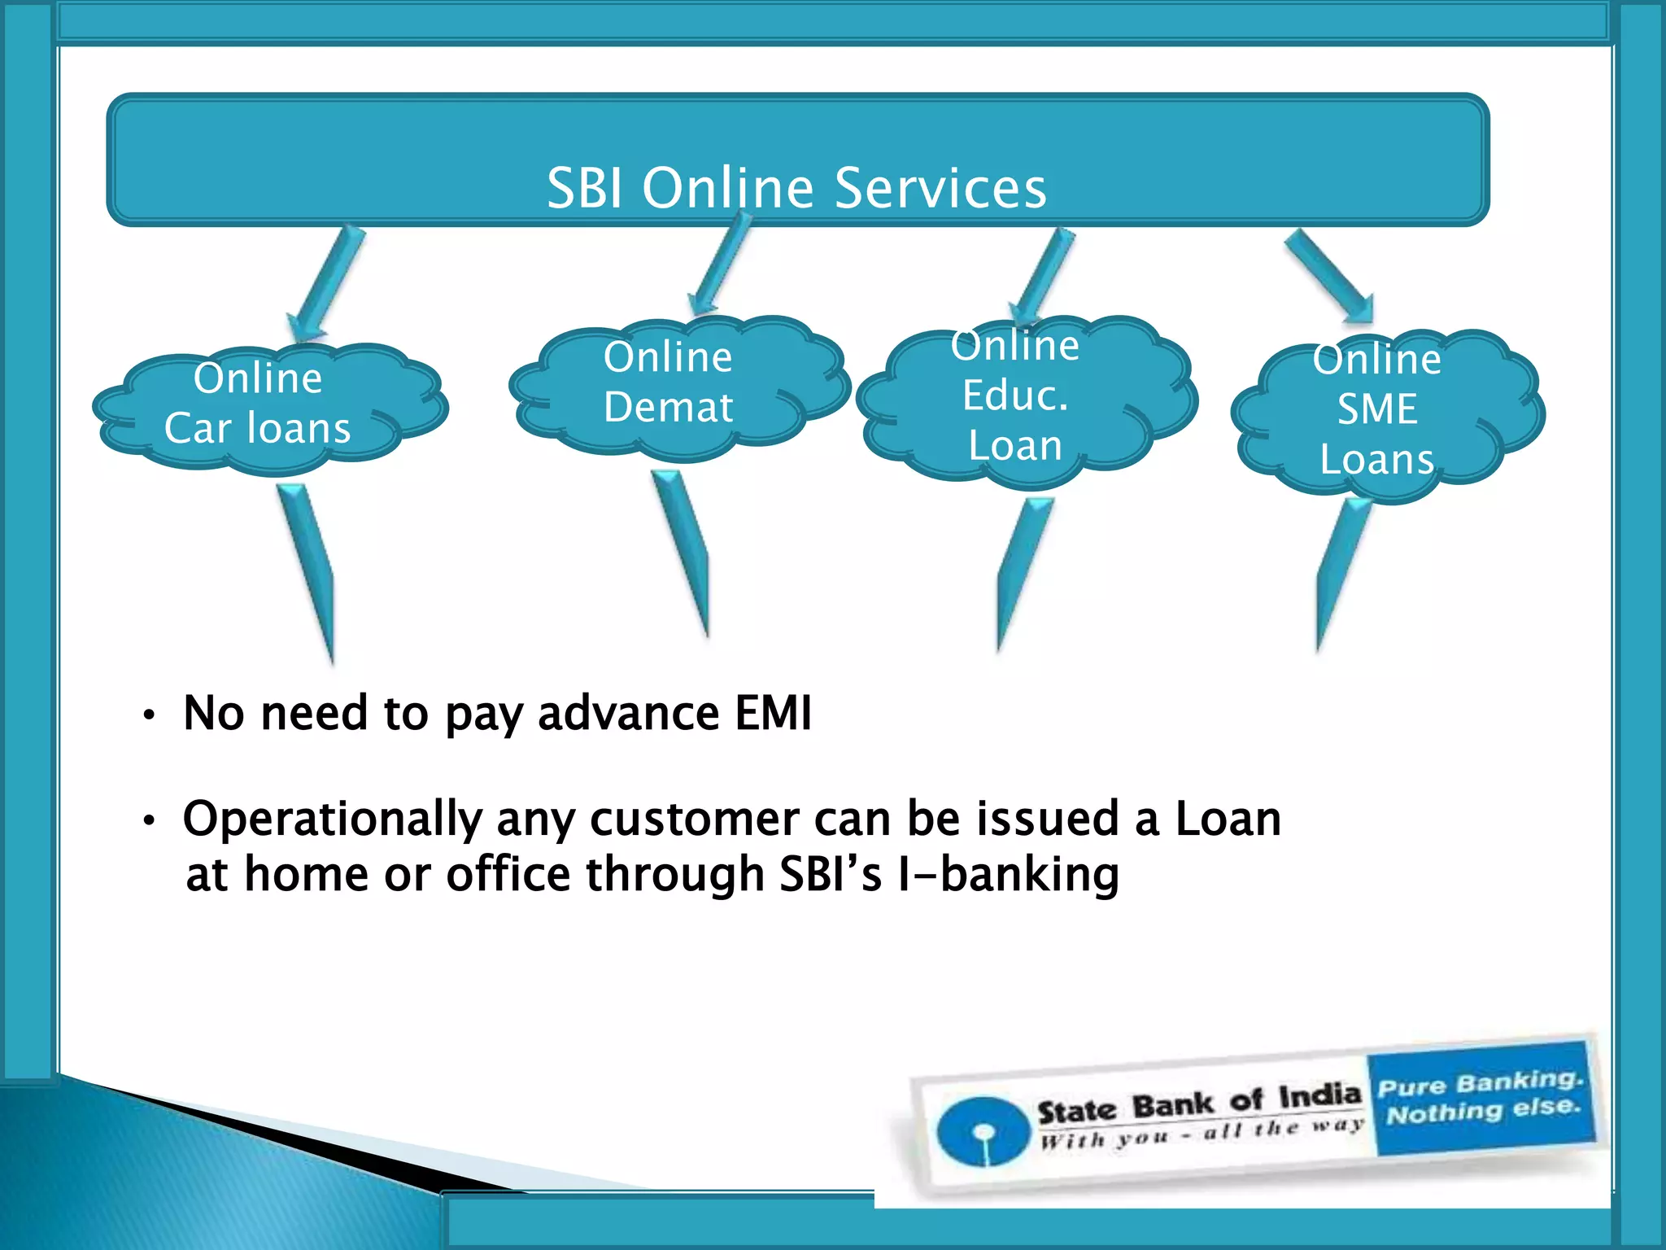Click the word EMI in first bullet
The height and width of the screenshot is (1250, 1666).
coord(773,714)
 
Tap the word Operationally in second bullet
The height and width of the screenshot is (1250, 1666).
coord(333,820)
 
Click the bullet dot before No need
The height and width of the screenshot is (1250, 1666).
coord(148,716)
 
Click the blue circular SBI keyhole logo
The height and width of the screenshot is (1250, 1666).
coord(983,1130)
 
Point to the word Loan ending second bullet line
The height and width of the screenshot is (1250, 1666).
coord(1228,819)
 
